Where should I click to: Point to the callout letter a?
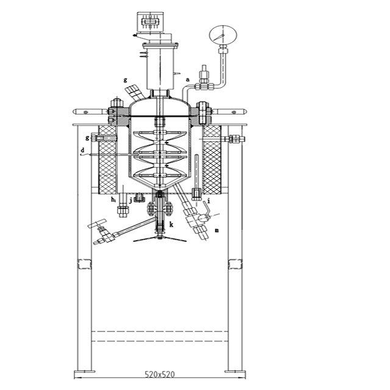pos(188,79)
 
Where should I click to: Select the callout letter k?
pos(171,224)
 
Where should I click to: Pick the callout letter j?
pos(130,198)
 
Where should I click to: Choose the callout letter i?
pos(209,199)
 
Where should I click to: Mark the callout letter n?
pos(216,230)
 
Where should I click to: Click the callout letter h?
pos(113,199)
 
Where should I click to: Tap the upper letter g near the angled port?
pos(125,80)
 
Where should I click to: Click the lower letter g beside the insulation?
pos(87,138)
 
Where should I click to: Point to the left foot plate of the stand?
pos(83,369)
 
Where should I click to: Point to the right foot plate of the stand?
pos(235,369)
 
